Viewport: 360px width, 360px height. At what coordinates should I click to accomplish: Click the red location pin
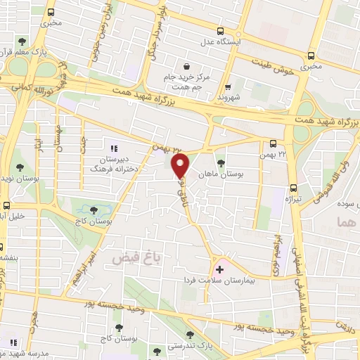pos(181,166)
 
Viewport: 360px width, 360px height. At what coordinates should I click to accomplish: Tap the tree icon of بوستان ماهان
pos(221,162)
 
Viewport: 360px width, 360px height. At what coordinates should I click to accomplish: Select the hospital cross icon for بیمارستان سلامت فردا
pos(221,269)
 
